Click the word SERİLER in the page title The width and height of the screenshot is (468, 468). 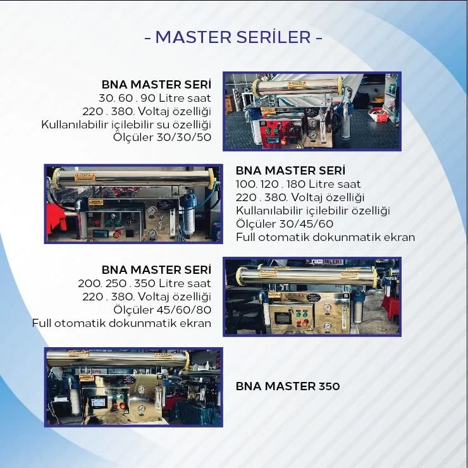[x=273, y=37]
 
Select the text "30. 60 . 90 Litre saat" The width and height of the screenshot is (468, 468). [x=154, y=98]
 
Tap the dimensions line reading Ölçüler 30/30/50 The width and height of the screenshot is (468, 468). [x=162, y=137]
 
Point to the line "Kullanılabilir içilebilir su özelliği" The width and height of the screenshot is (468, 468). [x=126, y=125]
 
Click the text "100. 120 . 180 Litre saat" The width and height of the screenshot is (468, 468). [x=298, y=184]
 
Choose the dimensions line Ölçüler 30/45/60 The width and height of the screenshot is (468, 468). [x=285, y=223]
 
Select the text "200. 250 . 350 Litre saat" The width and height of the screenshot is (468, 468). [x=144, y=283]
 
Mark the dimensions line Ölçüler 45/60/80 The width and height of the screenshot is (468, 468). [x=162, y=309]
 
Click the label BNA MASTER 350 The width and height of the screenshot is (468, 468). [x=288, y=386]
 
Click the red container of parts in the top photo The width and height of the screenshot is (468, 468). [x=378, y=115]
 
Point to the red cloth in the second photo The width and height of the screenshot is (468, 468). [x=57, y=219]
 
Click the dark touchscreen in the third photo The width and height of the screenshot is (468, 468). [x=282, y=319]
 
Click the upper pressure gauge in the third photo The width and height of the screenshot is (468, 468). [x=328, y=307]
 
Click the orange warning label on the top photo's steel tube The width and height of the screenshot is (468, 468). [x=297, y=85]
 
